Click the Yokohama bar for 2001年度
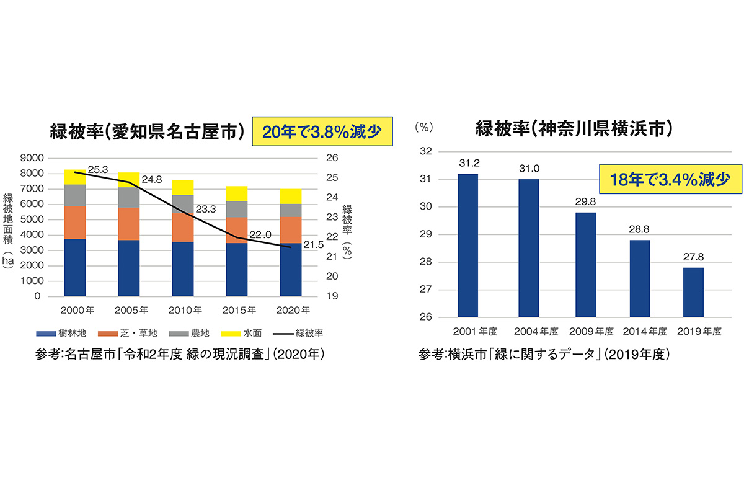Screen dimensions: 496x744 [467, 246]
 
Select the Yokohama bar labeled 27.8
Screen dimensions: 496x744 [693, 292]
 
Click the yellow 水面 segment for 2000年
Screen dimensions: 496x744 [74, 177]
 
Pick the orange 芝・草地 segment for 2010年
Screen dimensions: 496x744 [183, 227]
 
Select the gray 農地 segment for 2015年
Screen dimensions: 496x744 [236, 209]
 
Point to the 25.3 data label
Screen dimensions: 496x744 [99, 169]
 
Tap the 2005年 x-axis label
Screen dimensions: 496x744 [130, 309]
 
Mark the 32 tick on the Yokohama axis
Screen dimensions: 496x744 [425, 151]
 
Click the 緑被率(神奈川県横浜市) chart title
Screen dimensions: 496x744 [574, 129]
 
